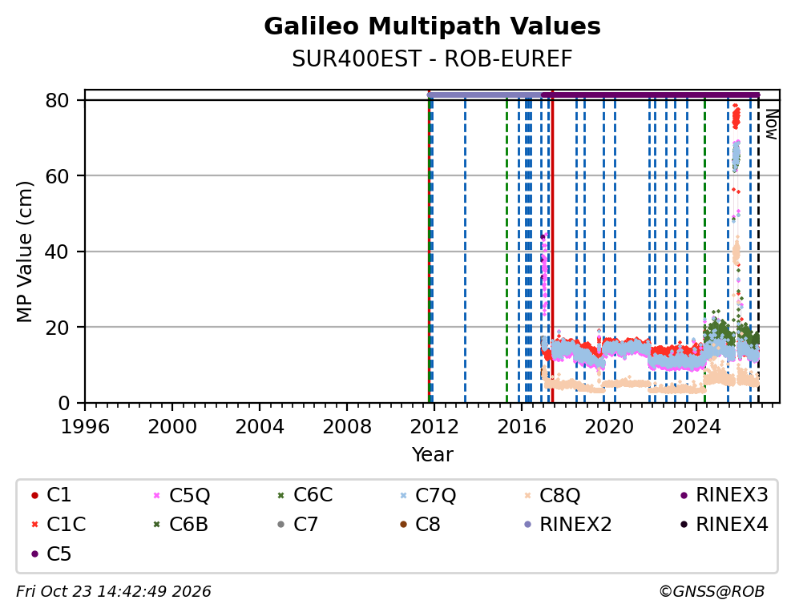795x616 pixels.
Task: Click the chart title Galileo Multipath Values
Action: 432,26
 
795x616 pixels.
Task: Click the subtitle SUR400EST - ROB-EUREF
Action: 432,59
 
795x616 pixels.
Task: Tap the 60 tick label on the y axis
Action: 57,175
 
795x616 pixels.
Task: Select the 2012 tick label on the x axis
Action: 434,426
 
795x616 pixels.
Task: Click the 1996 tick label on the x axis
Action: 85,426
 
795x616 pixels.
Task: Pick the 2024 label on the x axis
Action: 696,426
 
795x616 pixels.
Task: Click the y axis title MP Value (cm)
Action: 24,252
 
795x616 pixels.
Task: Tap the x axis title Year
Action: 432,454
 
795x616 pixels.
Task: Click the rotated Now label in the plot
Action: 771,124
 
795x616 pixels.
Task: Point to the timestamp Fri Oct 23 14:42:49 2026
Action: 114,591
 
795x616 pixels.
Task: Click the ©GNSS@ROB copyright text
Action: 712,591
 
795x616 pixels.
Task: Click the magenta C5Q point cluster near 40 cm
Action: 544,273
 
